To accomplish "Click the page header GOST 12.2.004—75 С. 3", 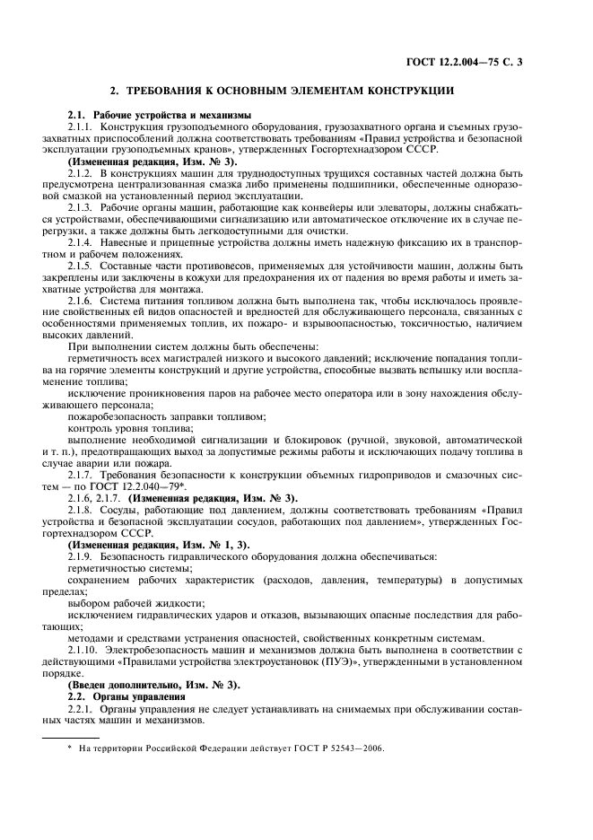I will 471,61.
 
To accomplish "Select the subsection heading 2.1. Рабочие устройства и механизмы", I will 161,116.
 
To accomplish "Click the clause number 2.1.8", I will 82,510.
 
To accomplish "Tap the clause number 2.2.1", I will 82,710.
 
